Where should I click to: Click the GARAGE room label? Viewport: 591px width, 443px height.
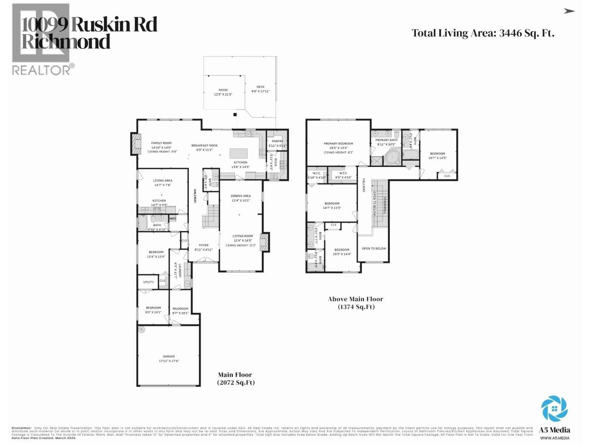(169, 356)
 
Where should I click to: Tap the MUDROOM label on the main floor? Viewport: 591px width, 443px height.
(180, 308)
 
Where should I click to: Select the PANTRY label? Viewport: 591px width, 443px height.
(277, 141)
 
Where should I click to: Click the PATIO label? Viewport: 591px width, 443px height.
(223, 90)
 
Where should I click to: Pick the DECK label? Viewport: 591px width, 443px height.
(261, 87)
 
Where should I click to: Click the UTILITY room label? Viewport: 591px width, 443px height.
(148, 282)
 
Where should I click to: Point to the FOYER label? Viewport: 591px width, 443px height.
(204, 245)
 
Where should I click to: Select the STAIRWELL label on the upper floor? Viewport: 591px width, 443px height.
(385, 205)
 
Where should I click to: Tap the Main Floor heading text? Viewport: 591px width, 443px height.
(235, 375)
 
